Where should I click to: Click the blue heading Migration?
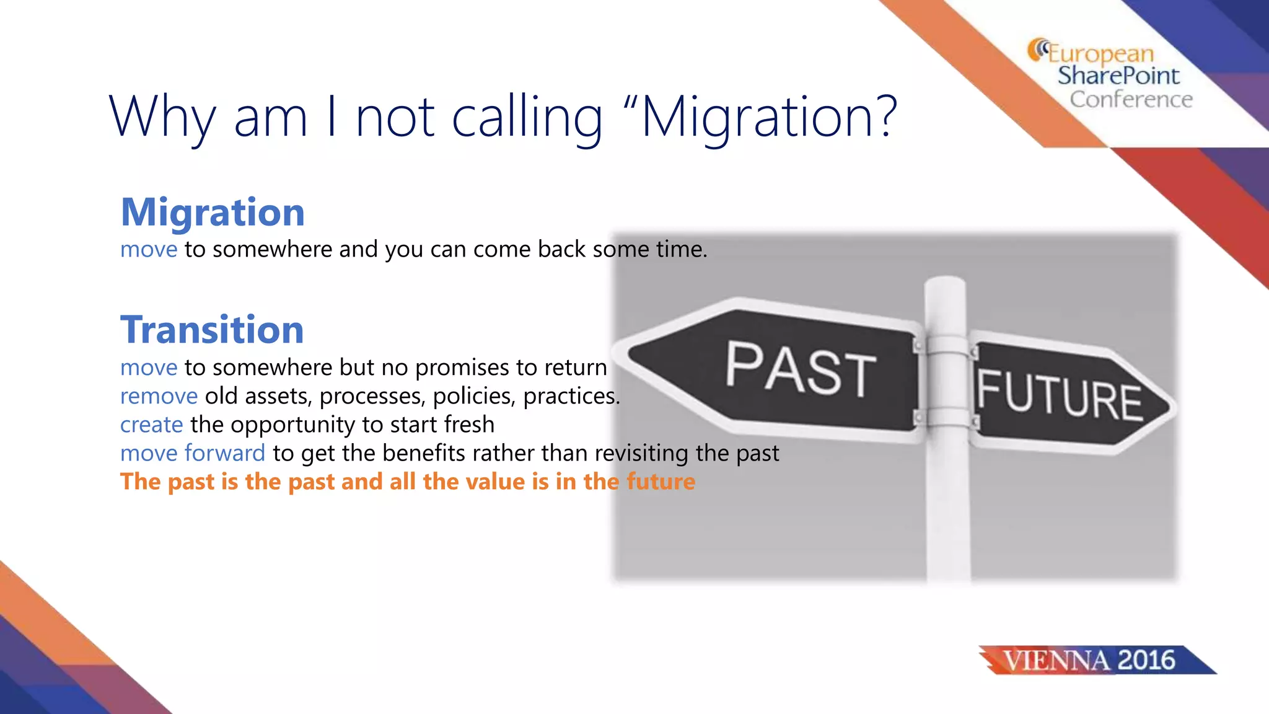[213, 213]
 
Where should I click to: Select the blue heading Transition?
[212, 330]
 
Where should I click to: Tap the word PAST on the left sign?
[801, 370]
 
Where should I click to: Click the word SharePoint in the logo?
[1118, 76]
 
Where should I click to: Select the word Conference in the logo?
[1131, 99]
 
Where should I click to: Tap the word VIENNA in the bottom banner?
[1056, 661]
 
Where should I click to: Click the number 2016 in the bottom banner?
[1146, 660]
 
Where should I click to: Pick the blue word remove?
[159, 396]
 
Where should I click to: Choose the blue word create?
[152, 425]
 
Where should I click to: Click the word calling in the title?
[527, 118]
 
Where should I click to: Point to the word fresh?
[469, 425]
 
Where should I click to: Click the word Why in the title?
[162, 118]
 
